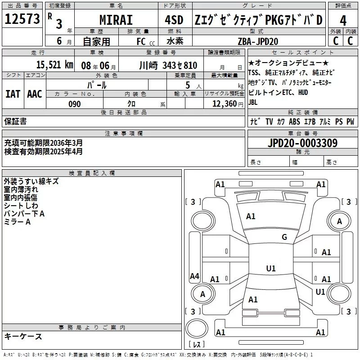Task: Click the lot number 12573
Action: [x=22, y=19]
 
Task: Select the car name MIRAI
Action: [x=116, y=20]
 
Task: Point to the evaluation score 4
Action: [x=343, y=20]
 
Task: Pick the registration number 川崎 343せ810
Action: [x=168, y=65]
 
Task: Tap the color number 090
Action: [x=74, y=103]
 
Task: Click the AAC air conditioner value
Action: [x=35, y=94]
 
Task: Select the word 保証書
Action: [x=15, y=121]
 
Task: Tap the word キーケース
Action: [x=23, y=337]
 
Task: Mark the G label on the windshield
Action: [x=284, y=237]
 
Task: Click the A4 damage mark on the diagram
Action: [x=194, y=276]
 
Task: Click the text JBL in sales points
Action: [x=253, y=102]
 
